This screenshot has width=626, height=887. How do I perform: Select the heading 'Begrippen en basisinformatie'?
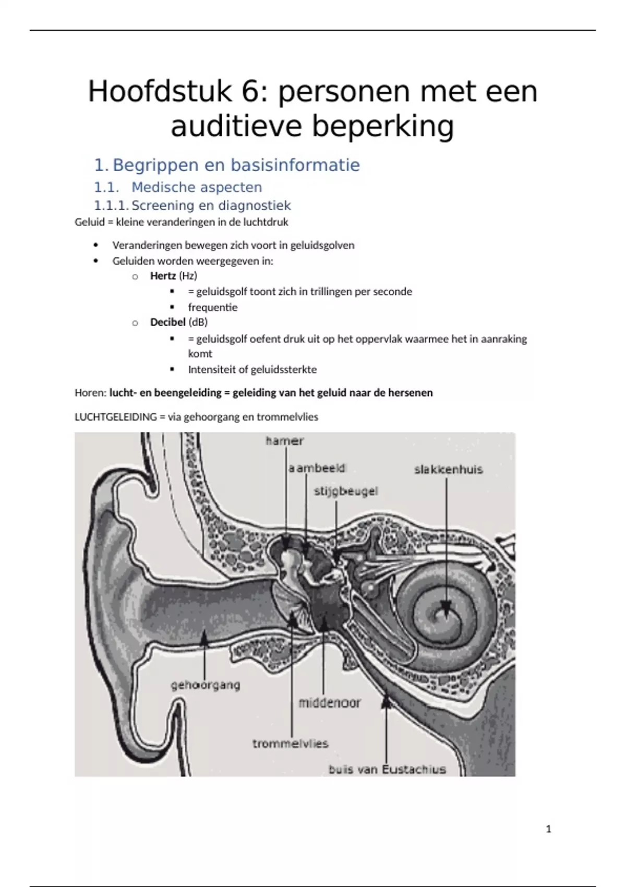pos(236,165)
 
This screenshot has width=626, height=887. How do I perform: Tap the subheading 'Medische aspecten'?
pos(197,187)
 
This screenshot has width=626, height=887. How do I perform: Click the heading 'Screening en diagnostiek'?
pos(211,206)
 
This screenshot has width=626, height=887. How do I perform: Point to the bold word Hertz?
pos(163,275)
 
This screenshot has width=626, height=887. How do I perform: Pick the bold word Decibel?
pos(167,322)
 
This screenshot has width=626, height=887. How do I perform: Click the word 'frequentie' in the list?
pos(213,307)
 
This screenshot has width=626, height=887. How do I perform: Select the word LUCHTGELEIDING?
pos(116,417)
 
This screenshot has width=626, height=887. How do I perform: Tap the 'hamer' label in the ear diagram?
pos(284,441)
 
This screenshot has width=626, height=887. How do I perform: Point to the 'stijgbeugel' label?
pos(346,491)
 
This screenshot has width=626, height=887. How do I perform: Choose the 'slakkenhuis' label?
pos(449,470)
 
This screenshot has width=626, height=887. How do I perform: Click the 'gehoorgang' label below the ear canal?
pos(206,685)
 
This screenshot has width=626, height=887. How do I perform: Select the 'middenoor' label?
pos(329,703)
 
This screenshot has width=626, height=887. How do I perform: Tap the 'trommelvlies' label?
pos(290,744)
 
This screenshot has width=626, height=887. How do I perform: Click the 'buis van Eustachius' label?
pos(388,769)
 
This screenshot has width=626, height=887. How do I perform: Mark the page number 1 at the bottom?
pos(548,829)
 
